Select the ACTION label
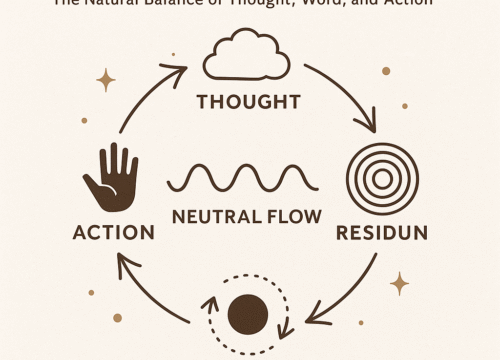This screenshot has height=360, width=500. click(113, 232)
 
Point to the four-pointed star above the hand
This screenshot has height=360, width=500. click(104, 80)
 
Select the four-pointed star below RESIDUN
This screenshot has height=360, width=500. click(399, 283)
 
